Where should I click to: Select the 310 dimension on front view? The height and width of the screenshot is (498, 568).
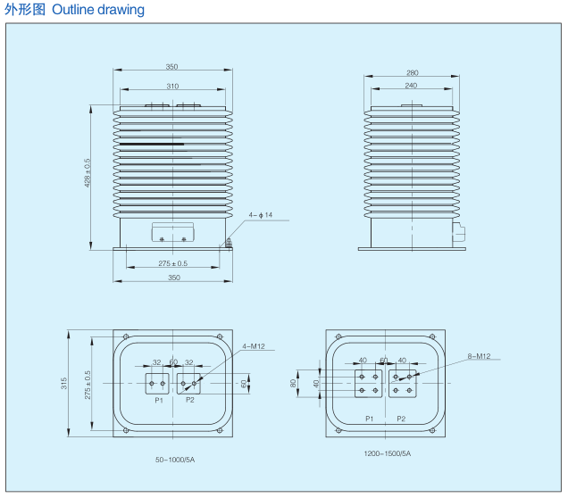point(172,86)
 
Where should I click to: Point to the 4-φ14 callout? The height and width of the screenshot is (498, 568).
point(260,215)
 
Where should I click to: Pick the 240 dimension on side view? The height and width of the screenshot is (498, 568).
point(412,86)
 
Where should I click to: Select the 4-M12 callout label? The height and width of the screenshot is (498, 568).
point(253,346)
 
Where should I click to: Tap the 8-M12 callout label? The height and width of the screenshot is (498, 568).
point(479,356)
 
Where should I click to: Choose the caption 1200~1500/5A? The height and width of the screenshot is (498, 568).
point(387,454)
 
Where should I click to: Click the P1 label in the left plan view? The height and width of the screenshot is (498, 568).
point(158,401)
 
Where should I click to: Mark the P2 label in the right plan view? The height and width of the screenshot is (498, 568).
point(401,418)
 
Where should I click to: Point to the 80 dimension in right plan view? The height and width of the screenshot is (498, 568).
point(293,383)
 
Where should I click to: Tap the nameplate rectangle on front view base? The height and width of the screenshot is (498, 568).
point(172,233)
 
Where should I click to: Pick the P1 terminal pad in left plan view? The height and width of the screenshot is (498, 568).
point(157,384)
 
